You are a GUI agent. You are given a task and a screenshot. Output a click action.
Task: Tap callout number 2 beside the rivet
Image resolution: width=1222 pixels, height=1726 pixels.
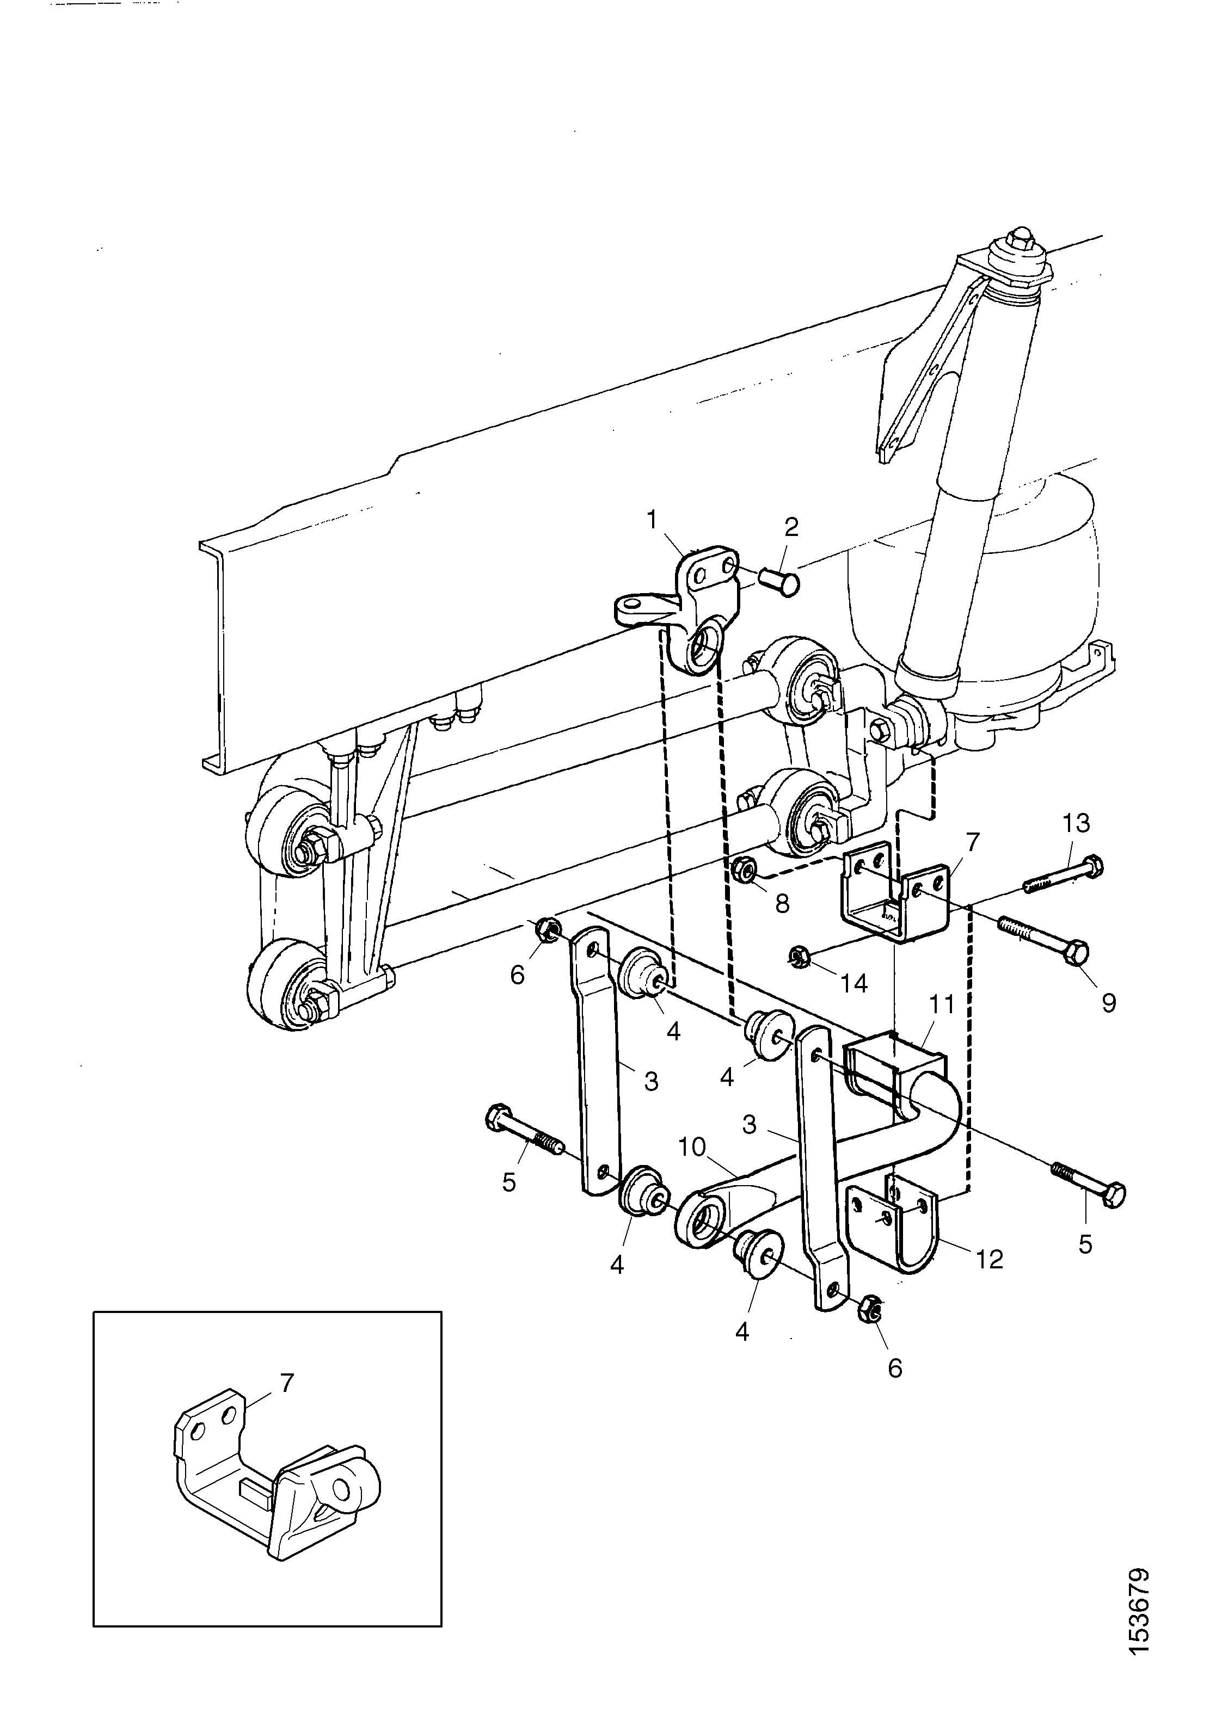pos(791,527)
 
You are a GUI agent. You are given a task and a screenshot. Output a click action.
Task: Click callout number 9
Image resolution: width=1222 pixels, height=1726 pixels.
pos(1109,1002)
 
